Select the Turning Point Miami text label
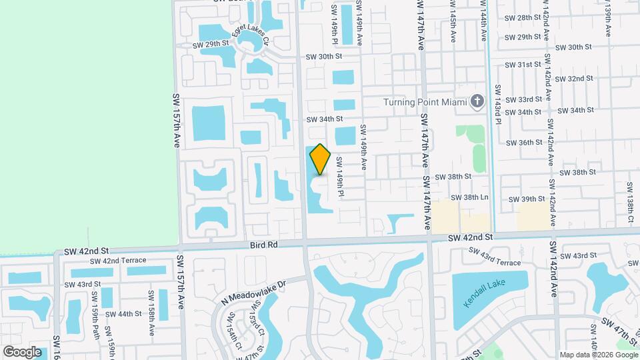coord(425,102)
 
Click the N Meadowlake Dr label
coord(253,291)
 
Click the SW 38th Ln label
coord(469,198)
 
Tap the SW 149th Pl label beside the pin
coord(339,176)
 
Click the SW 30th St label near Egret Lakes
coord(324,57)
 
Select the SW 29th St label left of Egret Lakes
coord(211,45)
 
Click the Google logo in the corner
coord(22,351)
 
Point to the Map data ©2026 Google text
coord(597,354)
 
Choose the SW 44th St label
coord(124,313)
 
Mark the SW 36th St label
coord(524,143)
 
